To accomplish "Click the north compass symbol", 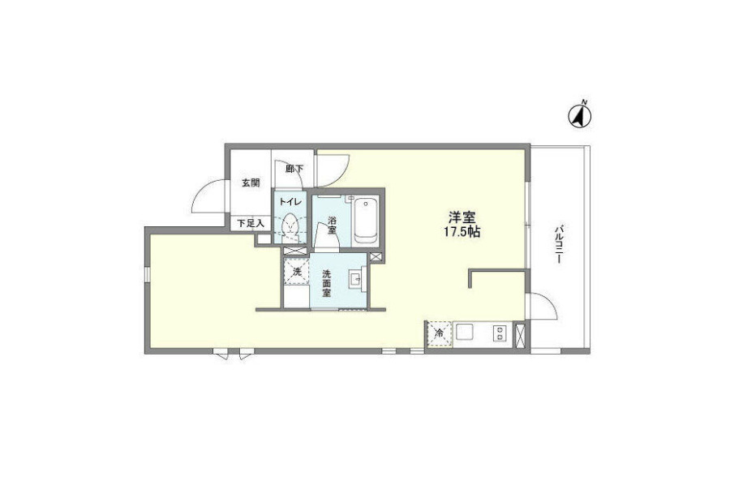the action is tap(580, 114).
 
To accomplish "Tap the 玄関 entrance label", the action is tap(251, 183).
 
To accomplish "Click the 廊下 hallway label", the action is tap(294, 169).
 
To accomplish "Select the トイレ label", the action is tap(290, 202).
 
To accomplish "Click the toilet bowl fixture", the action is tap(290, 228).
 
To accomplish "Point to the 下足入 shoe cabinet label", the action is tap(251, 224).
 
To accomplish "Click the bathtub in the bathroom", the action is tap(366, 221).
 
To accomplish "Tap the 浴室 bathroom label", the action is tap(332, 225).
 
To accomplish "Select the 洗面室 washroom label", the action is tap(327, 283).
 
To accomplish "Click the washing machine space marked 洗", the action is tap(297, 272).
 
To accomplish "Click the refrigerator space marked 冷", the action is tap(439, 333).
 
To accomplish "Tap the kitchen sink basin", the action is tap(465, 333).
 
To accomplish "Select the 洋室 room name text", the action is tap(462, 217).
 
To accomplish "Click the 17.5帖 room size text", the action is tap(462, 231).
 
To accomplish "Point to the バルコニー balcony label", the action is tap(558, 244).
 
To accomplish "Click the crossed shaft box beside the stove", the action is tap(521, 335).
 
